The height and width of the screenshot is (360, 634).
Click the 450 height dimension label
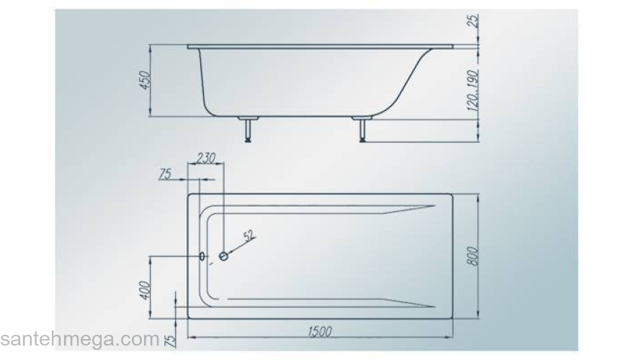(x=145, y=81)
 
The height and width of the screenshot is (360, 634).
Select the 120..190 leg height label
(x=473, y=91)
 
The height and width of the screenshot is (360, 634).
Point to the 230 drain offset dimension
(x=206, y=158)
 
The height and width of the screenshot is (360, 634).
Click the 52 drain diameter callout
(x=250, y=235)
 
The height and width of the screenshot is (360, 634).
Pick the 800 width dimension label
(x=473, y=256)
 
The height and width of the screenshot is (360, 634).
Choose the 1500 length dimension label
(x=320, y=332)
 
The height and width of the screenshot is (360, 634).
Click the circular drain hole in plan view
(x=223, y=256)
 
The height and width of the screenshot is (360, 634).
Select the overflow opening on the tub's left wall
(x=202, y=256)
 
